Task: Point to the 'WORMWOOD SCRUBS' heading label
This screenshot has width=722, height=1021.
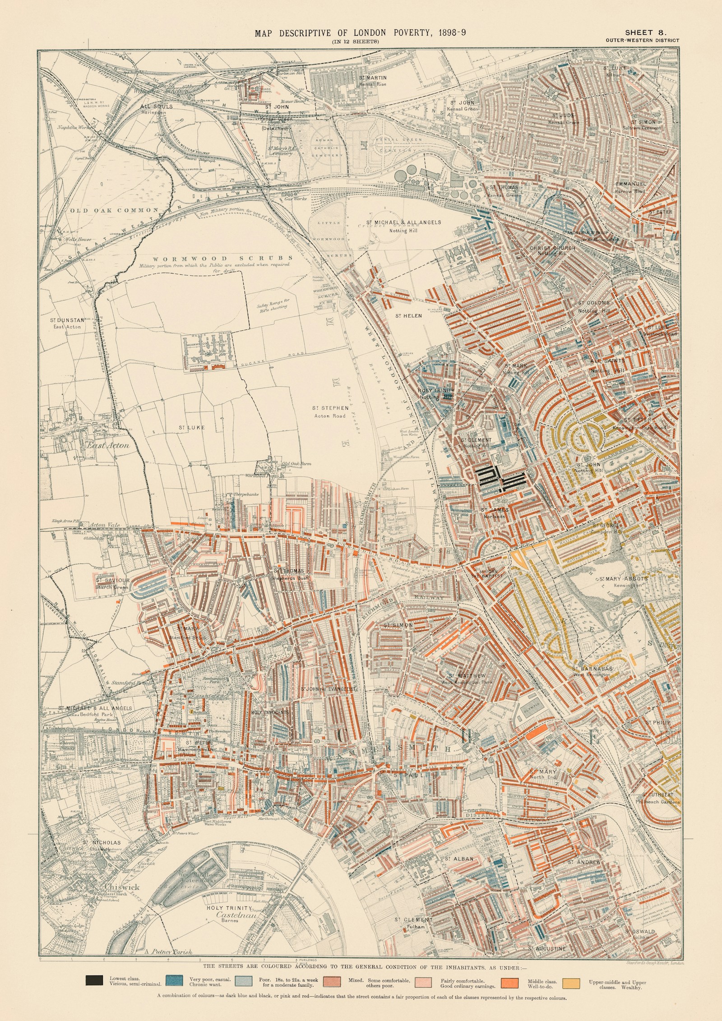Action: pos(222,259)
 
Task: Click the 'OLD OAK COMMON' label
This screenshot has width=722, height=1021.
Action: pos(114,210)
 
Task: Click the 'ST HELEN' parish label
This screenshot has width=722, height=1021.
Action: pos(408,316)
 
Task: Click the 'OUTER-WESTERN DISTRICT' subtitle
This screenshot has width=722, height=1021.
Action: pos(643,41)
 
